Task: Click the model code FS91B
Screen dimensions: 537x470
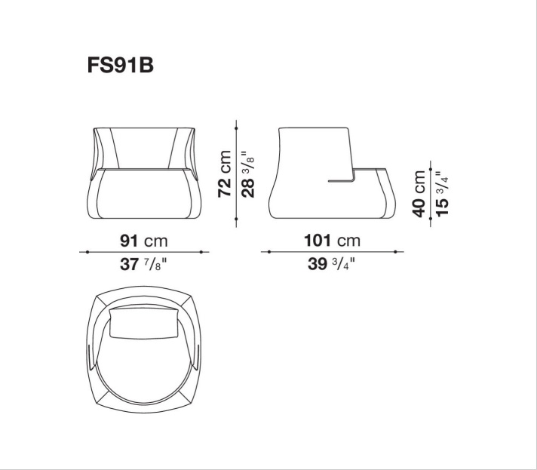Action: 120,65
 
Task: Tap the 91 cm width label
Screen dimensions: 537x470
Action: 144,241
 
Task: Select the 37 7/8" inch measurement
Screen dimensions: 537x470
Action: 143,264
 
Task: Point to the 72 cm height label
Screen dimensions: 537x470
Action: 225,174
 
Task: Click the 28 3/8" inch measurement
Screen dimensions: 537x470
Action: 248,174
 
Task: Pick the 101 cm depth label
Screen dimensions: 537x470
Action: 332,241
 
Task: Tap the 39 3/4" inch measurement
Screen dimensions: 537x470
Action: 331,264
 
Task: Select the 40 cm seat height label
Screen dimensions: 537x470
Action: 419,194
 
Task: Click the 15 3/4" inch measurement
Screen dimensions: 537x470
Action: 442,194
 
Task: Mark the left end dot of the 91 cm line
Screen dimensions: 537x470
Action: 87,252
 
